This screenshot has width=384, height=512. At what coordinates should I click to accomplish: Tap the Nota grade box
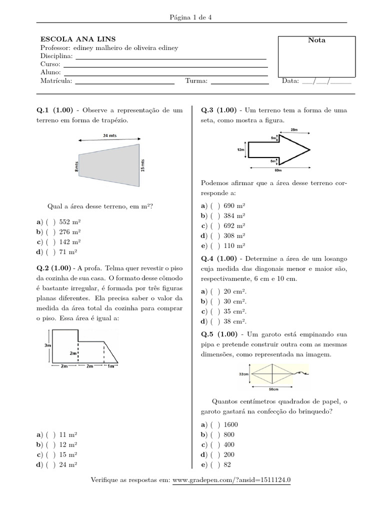pyautogui.click(x=316, y=58)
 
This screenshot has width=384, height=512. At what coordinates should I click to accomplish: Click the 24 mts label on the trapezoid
pyautogui.click(x=109, y=135)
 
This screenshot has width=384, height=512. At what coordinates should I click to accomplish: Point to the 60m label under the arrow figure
pyautogui.click(x=277, y=169)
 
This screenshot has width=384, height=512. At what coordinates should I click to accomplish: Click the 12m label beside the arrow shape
pyautogui.click(x=240, y=149)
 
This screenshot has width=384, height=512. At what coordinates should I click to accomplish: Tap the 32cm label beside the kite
pyautogui.click(x=244, y=373)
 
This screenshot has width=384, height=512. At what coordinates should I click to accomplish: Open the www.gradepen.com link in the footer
pyautogui.click(x=231, y=480)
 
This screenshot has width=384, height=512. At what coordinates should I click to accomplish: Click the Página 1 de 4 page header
pyautogui.click(x=191, y=17)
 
